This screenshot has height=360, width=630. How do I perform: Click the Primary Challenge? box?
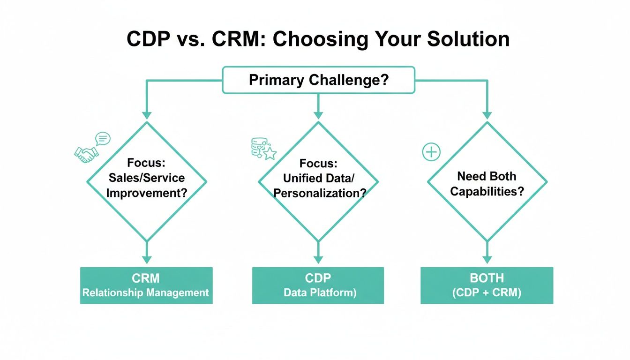coord(318,80)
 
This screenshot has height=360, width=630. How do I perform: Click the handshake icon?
coord(86,154)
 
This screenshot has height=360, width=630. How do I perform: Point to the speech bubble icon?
coord(102,138)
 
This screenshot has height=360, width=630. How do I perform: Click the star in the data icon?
coord(270,153)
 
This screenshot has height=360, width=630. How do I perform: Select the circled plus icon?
coord(431,152)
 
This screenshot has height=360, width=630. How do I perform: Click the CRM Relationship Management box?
coord(146,285)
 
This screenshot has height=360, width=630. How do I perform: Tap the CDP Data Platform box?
coord(318,285)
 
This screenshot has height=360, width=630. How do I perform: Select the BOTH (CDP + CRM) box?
coord(487,285)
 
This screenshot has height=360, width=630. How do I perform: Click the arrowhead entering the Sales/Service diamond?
coord(147,115)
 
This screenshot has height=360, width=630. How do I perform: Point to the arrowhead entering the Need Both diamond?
coord(487,115)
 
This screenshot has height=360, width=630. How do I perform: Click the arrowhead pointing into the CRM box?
coord(147,259)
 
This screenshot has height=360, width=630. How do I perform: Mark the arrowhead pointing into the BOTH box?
coord(487,259)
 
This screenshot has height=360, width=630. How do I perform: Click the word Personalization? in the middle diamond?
coord(319,193)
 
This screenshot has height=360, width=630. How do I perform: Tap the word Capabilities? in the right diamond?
coord(487,191)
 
